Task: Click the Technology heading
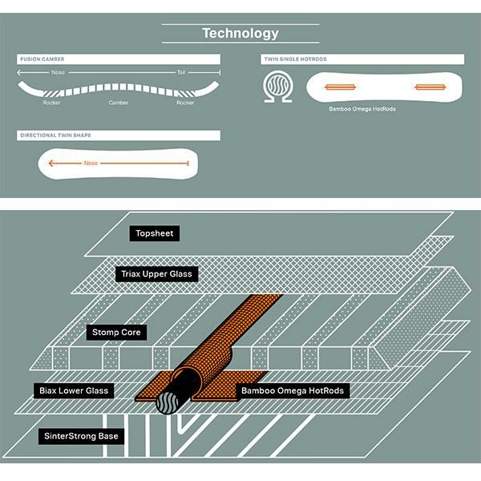coord(240,34)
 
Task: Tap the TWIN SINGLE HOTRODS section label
coord(295,59)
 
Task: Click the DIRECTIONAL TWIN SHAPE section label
coord(55,135)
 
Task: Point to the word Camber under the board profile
coord(119,103)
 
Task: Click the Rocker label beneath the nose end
coord(52,103)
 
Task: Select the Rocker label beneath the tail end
coord(185,103)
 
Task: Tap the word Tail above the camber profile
coord(181,72)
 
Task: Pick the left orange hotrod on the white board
coord(339,86)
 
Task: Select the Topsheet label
coord(155,234)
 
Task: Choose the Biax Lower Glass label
coord(74,390)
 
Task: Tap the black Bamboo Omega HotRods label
coord(293,390)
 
